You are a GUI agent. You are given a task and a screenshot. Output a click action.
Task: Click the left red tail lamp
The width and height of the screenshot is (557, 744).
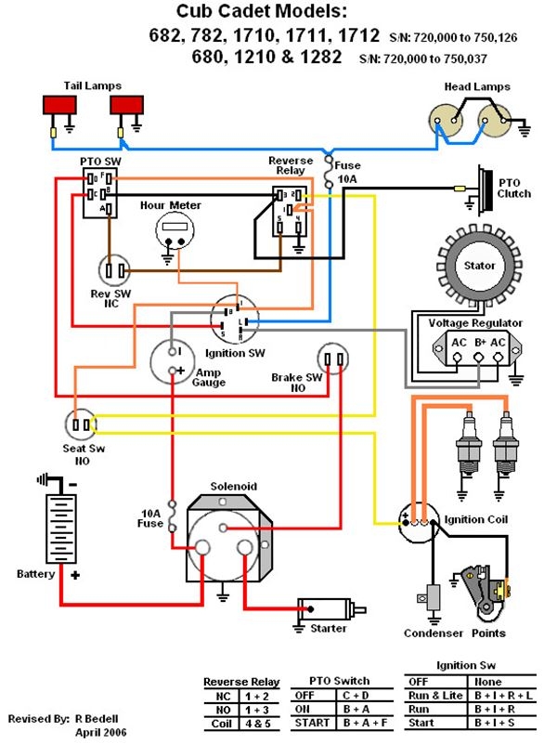pos(61,105)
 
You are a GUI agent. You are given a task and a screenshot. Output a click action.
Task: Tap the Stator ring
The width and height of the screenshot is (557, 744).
pos(479,267)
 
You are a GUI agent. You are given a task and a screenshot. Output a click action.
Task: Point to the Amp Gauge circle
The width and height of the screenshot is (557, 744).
pos(175,361)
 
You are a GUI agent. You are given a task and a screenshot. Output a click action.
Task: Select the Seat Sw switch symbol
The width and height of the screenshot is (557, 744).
pos(80,424)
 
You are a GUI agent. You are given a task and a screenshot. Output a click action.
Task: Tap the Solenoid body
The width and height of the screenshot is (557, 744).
pos(224,536)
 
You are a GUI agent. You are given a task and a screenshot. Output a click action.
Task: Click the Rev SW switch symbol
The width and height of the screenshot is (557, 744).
pos(116,270)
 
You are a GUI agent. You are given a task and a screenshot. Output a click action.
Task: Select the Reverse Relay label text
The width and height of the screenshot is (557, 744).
pos(291,166)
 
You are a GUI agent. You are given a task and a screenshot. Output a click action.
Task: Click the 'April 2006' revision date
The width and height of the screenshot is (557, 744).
pos(100,733)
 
